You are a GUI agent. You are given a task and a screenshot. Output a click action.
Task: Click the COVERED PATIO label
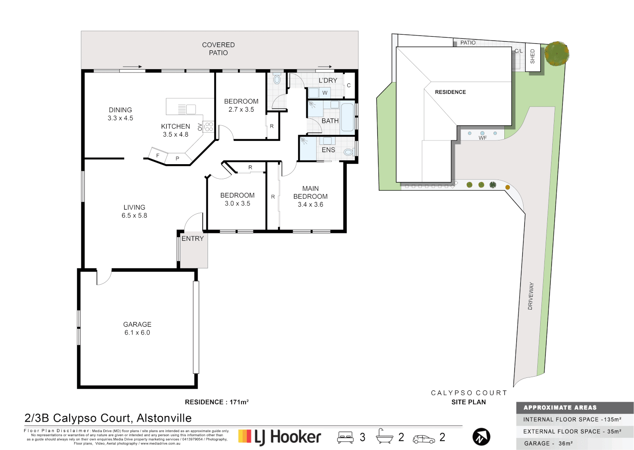pos(218,49)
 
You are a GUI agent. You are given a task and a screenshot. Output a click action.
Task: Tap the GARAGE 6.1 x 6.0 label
pos(137,328)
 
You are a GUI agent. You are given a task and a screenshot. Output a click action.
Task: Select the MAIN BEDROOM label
pos(311,196)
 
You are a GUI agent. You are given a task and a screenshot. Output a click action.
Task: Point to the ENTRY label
pos(193,239)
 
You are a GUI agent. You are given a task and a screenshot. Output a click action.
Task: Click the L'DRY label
pos(328,80)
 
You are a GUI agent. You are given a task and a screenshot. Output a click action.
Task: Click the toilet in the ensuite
pos(348,152)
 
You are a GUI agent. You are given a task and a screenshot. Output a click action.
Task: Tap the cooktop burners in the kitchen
pos(209,127)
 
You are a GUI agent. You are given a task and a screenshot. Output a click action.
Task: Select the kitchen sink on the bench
pos(187,109)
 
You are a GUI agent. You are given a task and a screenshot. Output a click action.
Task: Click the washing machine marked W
pos(325,92)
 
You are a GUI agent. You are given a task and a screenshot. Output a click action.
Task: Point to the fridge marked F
pos(158,155)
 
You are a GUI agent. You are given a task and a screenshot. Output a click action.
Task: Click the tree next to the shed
pos(556,53)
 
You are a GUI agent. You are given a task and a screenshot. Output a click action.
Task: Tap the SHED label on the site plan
pos(533,56)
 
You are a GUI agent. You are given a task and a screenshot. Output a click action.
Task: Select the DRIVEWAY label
pos(531,296)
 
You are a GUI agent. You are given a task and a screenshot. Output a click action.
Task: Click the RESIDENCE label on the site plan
pos(450,92)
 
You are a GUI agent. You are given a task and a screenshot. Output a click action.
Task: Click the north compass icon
pos(481,437)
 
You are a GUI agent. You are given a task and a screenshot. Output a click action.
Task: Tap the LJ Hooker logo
pos(280,437)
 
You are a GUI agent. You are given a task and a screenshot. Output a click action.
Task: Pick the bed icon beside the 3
pos(345,437)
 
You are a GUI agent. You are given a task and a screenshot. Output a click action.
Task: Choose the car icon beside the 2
pos(424,439)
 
